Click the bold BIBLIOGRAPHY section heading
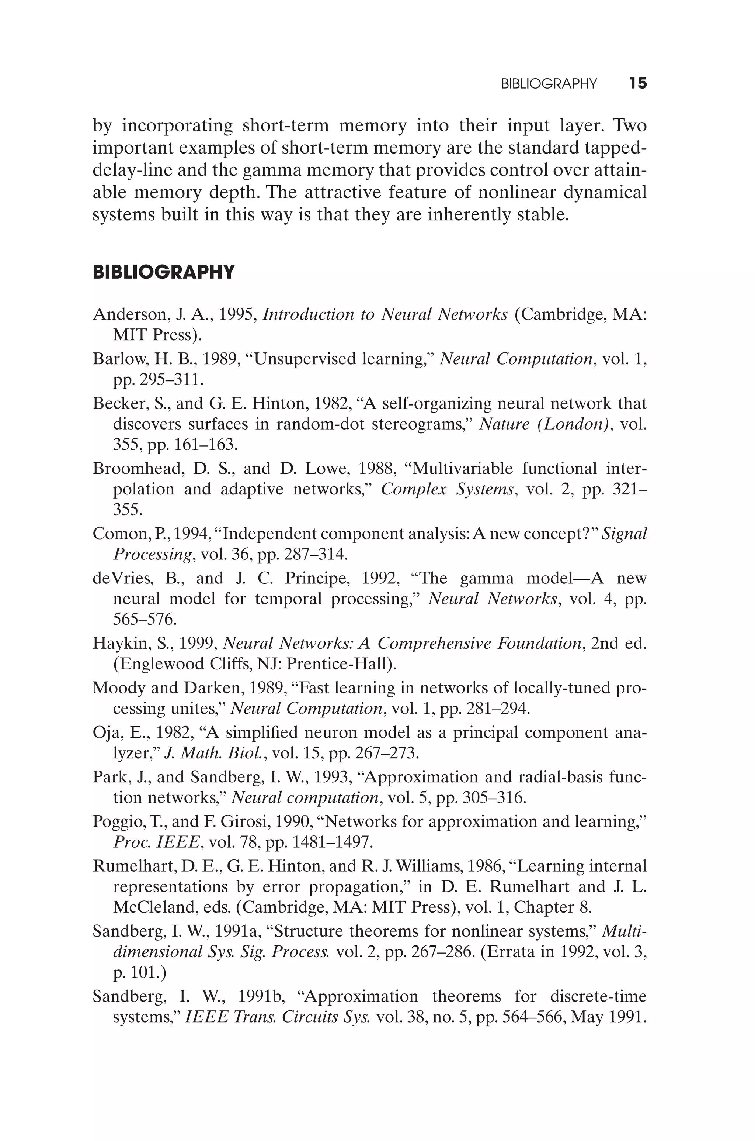(x=164, y=272)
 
